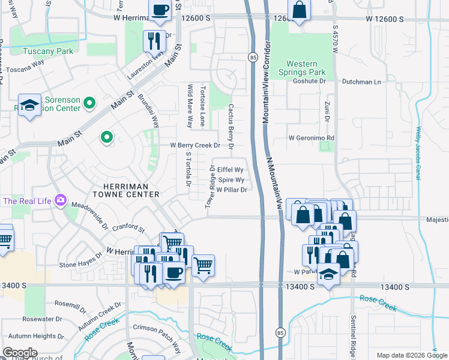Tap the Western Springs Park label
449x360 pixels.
click(310, 68)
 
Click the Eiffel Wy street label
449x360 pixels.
click(230, 170)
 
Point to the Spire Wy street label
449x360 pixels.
click(231, 180)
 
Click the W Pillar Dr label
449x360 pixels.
click(232, 190)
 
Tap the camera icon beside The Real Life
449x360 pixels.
click(60, 200)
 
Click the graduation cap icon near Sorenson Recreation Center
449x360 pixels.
click(29, 106)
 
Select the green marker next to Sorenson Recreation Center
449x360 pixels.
click(89, 103)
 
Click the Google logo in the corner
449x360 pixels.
click(20, 352)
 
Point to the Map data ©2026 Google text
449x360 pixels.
click(411, 355)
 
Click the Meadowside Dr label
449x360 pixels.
click(89, 216)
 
